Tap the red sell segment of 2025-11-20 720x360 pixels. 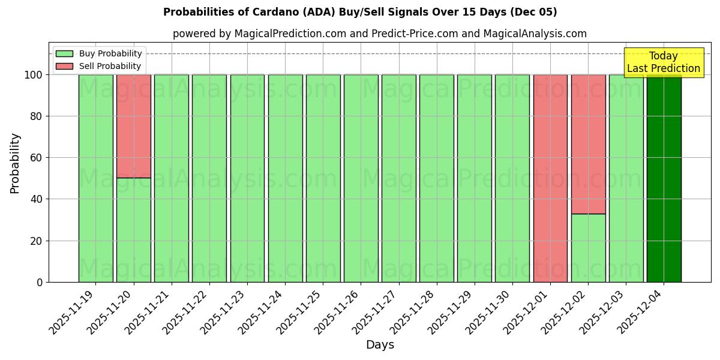[133, 126]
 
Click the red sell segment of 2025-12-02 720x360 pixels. [588, 144]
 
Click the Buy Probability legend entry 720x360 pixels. [110, 53]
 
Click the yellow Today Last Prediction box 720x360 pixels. [663, 62]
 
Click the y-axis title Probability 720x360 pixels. [15, 163]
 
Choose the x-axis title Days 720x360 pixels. [380, 345]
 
